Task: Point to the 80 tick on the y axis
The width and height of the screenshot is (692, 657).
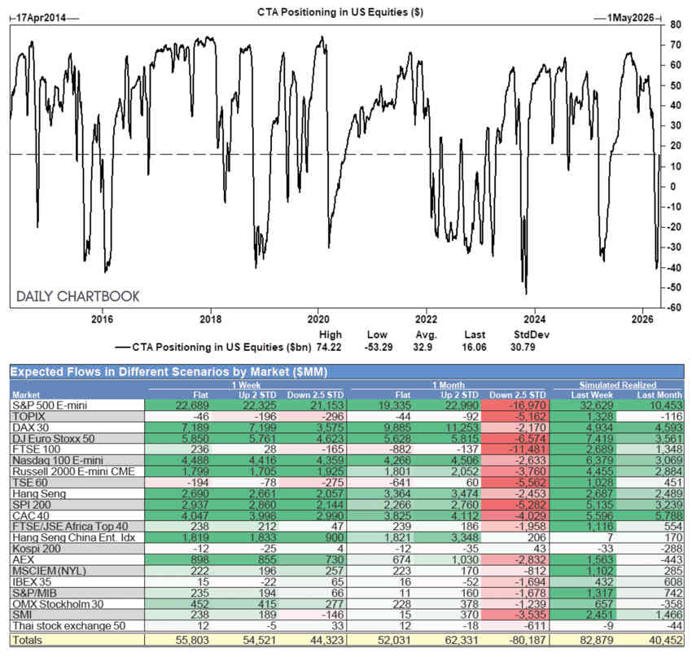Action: coord(675,24)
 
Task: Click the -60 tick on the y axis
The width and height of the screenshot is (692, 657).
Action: coord(673,308)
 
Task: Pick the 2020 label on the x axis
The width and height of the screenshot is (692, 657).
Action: coord(318,319)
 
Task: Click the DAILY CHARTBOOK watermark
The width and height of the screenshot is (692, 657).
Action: coord(78,296)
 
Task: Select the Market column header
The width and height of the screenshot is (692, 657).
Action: coord(27,392)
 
